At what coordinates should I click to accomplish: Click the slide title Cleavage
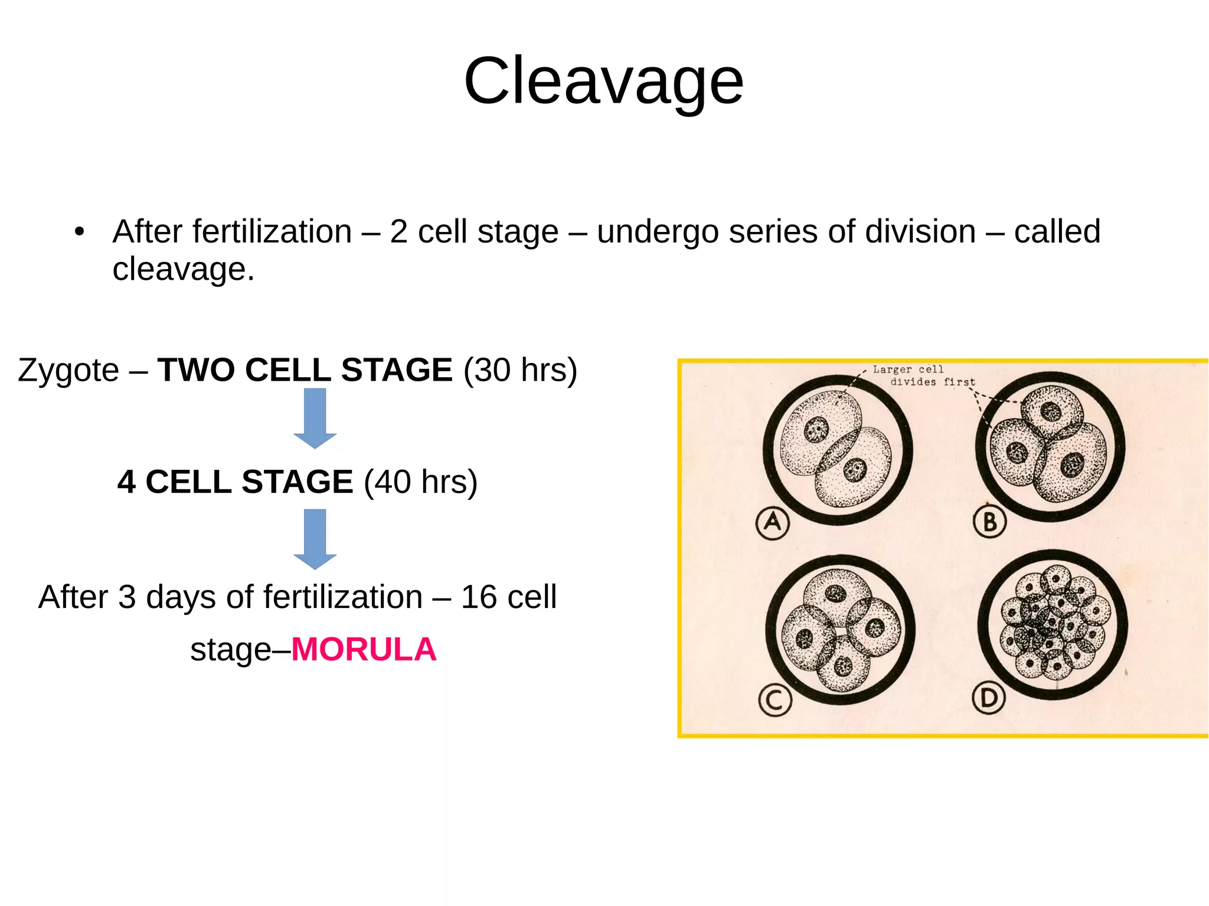point(603,81)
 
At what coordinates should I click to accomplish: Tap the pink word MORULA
point(364,650)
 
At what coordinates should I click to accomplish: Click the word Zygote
point(68,371)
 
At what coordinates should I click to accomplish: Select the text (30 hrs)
point(520,371)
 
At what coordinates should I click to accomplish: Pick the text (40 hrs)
point(420,482)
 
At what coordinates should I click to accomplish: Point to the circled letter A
point(772,522)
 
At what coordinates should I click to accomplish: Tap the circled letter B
point(989,522)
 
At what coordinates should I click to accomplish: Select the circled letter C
point(775,701)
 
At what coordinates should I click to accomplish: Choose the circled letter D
point(989,699)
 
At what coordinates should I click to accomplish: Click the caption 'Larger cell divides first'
point(924,376)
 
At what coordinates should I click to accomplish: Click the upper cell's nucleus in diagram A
point(817,429)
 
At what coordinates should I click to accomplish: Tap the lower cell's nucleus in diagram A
point(854,470)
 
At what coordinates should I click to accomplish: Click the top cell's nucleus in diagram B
point(1051,411)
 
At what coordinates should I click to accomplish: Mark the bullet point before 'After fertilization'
point(80,231)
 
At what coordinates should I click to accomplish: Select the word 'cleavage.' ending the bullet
point(183,269)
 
